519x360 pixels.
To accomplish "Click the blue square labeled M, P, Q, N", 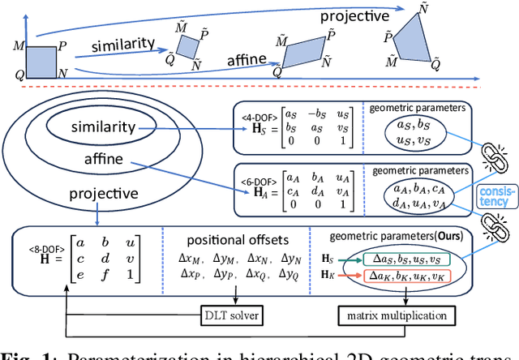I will pos(41,60).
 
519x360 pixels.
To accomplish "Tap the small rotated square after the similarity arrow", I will pos(188,45).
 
